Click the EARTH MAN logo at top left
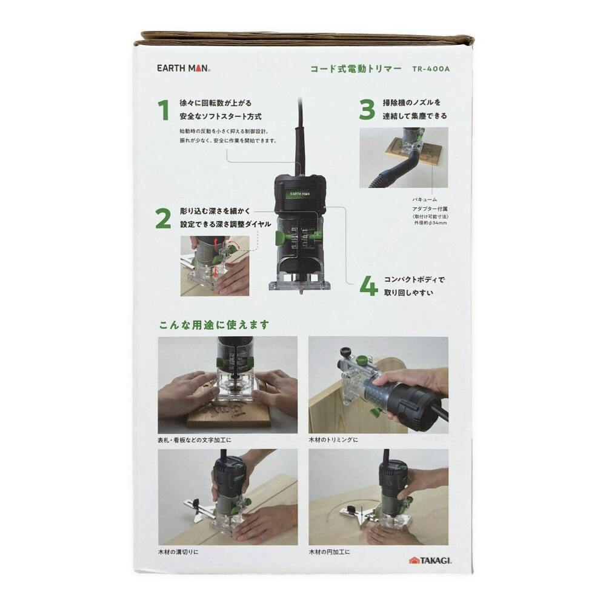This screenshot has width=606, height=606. [184, 68]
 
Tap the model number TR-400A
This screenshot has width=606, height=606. [431, 69]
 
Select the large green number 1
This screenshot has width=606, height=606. [164, 110]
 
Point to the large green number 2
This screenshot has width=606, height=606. [163, 219]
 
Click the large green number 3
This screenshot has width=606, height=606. [367, 109]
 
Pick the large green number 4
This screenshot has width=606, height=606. [368, 286]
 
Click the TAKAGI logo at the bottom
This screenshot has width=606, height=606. [430, 561]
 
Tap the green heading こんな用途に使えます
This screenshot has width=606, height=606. [214, 325]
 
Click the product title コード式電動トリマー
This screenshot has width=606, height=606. [356, 69]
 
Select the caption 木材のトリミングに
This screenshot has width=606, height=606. [333, 440]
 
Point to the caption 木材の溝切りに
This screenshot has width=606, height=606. [178, 552]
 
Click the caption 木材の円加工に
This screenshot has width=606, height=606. [329, 552]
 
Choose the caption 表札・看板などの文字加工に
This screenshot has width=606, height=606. [195, 440]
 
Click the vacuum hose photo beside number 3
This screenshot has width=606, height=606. [404, 158]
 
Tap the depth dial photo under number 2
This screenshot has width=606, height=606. [215, 266]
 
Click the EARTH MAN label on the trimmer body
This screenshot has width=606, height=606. [300, 194]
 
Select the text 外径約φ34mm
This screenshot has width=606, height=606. [430, 223]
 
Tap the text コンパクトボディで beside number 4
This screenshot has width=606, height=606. [414, 279]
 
